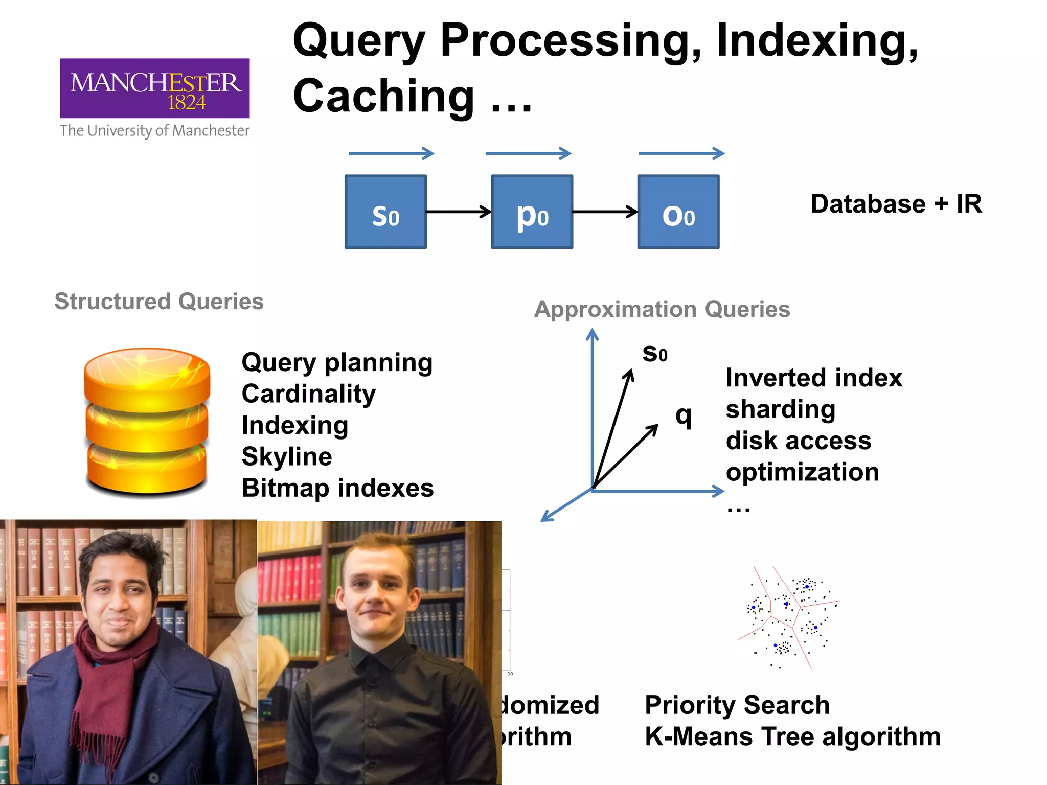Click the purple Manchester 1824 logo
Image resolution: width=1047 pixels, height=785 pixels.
coord(154,88)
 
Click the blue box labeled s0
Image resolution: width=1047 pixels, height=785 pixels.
coord(385,212)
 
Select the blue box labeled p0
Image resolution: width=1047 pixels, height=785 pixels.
coord(532,212)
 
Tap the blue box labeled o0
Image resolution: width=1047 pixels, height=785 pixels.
coord(678,212)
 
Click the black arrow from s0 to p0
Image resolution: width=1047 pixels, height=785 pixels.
coord(458,212)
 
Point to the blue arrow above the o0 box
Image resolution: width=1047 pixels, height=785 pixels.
coord(681,153)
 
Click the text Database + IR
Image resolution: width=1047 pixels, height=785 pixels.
coord(896,204)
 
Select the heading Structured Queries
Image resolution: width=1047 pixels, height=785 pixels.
coord(159,302)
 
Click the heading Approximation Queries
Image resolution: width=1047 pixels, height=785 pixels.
coord(662,309)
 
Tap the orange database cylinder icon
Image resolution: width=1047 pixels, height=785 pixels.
coord(147,420)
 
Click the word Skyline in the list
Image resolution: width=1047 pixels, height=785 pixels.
coord(287,456)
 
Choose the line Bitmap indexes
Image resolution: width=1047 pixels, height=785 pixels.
coord(337,488)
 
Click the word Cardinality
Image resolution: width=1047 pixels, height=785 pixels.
coord(308,394)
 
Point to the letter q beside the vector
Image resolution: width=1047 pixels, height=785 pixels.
coord(684,416)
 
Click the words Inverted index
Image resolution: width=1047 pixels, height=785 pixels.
coord(814,378)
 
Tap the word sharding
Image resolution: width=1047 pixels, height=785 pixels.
coord(781,409)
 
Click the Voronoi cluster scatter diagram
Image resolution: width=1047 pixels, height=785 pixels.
coord(788,617)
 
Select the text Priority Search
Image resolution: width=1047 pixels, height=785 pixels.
coord(737,705)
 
